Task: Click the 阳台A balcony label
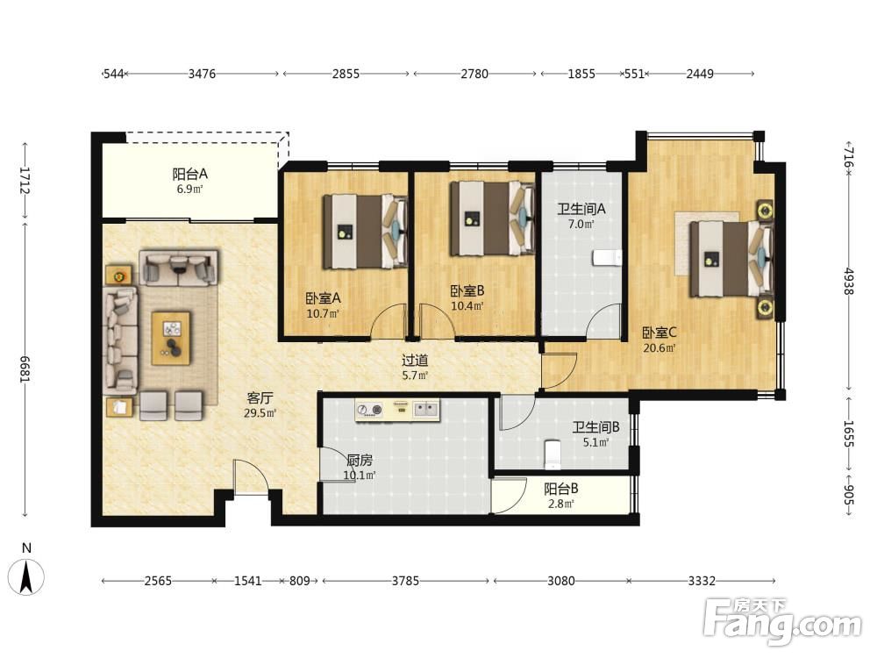[189, 174]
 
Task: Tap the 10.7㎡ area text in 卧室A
[323, 314]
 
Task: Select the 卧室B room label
[467, 291]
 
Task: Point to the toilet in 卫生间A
[608, 258]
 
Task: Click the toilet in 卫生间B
[552, 454]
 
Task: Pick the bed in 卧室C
[731, 259]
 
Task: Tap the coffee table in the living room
[171, 338]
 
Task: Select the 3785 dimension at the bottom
[405, 581]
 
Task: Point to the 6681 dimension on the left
[25, 369]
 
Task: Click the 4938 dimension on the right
[848, 282]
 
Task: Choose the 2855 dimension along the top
[346, 74]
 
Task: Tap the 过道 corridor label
[415, 361]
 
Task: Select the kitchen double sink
[427, 409]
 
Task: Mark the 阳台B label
[561, 489]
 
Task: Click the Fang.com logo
[782, 621]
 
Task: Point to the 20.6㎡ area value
[660, 348]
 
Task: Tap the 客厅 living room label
[260, 397]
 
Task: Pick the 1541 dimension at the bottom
[248, 581]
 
